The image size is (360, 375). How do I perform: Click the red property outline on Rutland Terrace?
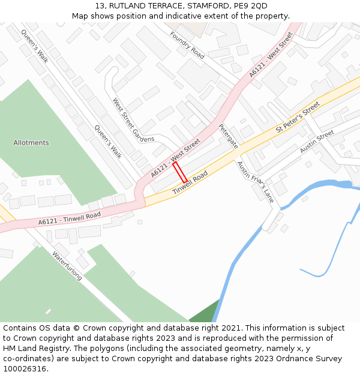click(180, 172)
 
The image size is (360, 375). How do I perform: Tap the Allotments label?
click(31, 143)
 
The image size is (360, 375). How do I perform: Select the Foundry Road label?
click(187, 46)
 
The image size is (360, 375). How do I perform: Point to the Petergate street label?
click(228, 136)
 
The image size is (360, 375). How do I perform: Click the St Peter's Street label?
click(298, 118)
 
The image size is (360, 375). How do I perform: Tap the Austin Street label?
click(317, 142)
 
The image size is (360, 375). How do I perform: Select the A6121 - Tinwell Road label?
click(70, 218)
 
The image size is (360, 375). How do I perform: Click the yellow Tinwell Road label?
click(190, 182)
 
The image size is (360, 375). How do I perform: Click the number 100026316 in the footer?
click(24, 369)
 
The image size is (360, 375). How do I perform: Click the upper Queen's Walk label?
click(34, 46)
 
